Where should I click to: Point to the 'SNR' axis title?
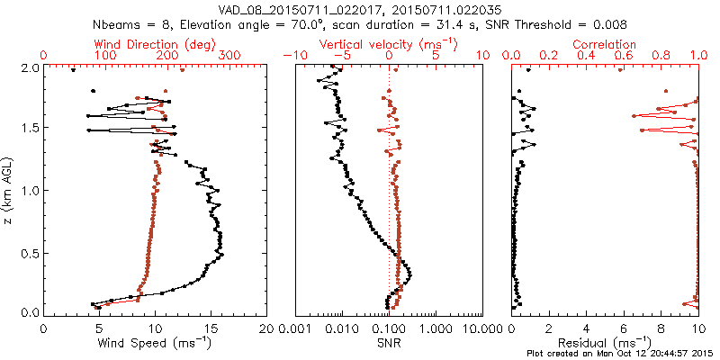coord(388,343)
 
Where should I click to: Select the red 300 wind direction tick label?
coord(229,56)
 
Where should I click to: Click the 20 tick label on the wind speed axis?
coord(266,328)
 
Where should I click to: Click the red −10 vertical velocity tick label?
coord(293,56)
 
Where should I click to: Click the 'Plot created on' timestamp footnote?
coord(621,353)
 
